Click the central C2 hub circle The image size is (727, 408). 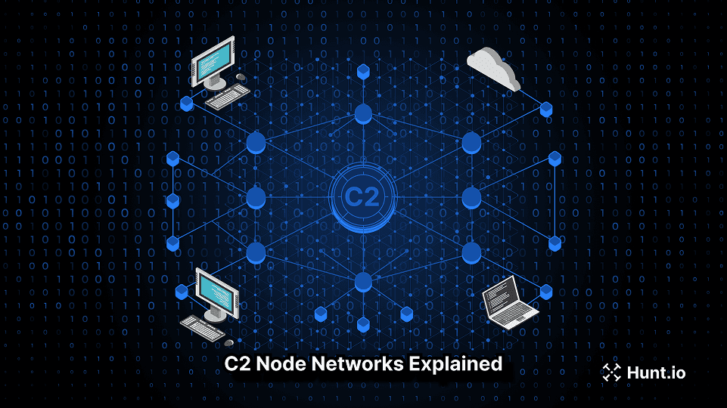[x=363, y=197]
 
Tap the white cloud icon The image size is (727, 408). [x=494, y=67]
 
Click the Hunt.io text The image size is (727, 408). [x=656, y=372]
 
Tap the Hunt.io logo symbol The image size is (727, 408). [x=610, y=372]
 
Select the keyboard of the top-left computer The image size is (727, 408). [x=228, y=96]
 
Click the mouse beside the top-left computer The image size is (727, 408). [x=240, y=76]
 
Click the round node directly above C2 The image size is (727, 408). [x=363, y=114]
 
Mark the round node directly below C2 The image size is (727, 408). [x=363, y=282]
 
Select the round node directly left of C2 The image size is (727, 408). [x=256, y=197]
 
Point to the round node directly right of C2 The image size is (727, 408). [x=471, y=197]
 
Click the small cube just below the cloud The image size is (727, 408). [x=546, y=108]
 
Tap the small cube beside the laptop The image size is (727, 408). [x=546, y=291]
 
